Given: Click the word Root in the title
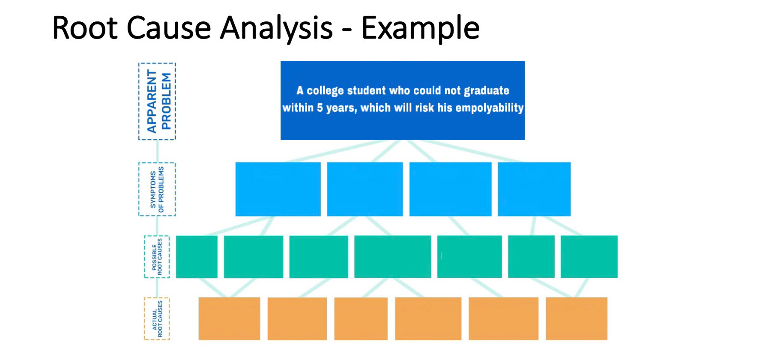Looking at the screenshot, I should coord(84,28).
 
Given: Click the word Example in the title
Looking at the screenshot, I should coord(420,28).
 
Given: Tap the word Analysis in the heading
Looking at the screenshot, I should coord(276,28).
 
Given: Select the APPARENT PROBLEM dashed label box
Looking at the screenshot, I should coord(157,101).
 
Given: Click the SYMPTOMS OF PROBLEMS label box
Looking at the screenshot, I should coord(157,189).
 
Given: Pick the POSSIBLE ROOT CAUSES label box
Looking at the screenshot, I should coord(157,257).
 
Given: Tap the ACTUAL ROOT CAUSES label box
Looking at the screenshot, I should coord(157,319).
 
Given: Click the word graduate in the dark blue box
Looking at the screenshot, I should coord(487,91).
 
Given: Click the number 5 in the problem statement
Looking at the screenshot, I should coord(320,108).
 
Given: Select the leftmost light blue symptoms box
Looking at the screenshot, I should coord(278,189).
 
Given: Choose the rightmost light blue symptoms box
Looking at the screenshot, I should coord(534,189).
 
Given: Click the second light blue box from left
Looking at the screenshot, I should coord(365,189).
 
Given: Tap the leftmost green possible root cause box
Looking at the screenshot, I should coord(197,257).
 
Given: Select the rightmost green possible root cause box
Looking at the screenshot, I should coord(589,257).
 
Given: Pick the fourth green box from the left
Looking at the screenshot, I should coord(392,257).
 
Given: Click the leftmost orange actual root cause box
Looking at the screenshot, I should coord(229,319).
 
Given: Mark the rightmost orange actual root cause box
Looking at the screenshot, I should coord(577,319).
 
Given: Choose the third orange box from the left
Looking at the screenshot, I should coord(361,319).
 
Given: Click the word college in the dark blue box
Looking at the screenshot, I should coord(325,91).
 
